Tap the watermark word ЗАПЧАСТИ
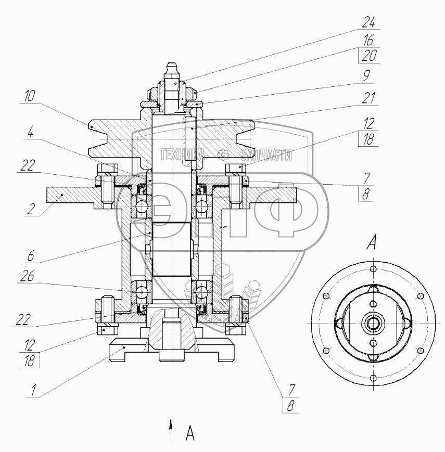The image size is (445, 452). click(265, 154)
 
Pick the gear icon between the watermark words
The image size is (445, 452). click(224, 154)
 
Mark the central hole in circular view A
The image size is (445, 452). click(373, 323)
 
